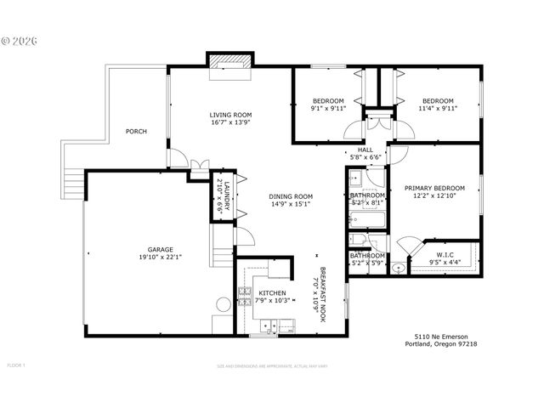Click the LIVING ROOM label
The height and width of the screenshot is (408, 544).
[231, 115]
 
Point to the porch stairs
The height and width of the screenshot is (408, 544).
[73, 181]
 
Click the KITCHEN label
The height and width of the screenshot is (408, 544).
[261, 293]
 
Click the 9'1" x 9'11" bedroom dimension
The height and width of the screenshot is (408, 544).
[327, 109]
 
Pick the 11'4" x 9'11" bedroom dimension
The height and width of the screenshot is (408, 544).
[438, 109]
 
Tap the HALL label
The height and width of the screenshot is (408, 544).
[365, 150]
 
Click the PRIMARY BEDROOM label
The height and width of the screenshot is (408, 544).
[434, 188]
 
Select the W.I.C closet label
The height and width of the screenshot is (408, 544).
[445, 254]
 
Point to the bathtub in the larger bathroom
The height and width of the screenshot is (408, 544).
[367, 218]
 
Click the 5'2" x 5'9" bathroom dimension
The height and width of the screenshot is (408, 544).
[368, 263]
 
